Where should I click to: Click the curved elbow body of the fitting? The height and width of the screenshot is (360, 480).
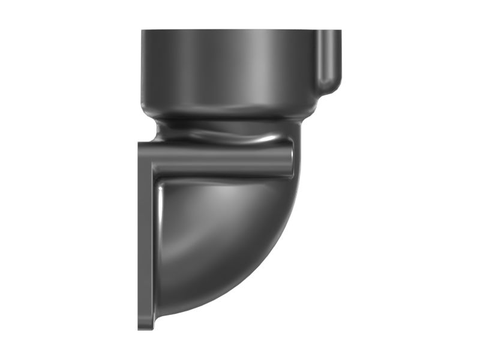point(222,246)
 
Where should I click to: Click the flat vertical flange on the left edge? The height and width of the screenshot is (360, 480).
point(145,240)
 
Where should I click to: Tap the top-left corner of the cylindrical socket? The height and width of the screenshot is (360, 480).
point(143,31)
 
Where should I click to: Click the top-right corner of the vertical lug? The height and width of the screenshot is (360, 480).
point(340,32)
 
